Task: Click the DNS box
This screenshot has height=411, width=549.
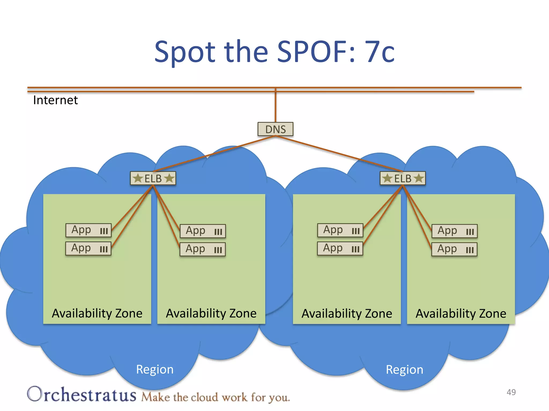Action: click(x=275, y=129)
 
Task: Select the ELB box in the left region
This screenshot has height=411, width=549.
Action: click(x=153, y=178)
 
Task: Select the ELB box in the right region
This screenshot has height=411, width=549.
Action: click(x=403, y=178)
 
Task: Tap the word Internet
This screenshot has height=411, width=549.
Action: click(x=55, y=100)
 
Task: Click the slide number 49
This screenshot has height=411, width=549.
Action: click(x=511, y=392)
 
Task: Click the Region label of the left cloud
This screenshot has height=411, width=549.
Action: click(x=155, y=370)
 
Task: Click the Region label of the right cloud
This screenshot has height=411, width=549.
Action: click(x=404, y=370)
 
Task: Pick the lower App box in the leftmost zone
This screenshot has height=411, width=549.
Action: click(x=88, y=249)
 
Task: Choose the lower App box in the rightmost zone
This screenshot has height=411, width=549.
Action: click(x=454, y=249)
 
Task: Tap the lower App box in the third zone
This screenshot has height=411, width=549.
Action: click(x=340, y=249)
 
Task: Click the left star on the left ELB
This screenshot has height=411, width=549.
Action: click(x=138, y=178)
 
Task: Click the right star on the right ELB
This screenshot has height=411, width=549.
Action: click(x=418, y=178)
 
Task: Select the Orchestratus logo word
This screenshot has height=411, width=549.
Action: click(x=82, y=395)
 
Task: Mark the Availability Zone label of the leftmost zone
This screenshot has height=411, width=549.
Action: click(x=97, y=313)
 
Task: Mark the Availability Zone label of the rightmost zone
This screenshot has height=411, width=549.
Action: click(x=461, y=314)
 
